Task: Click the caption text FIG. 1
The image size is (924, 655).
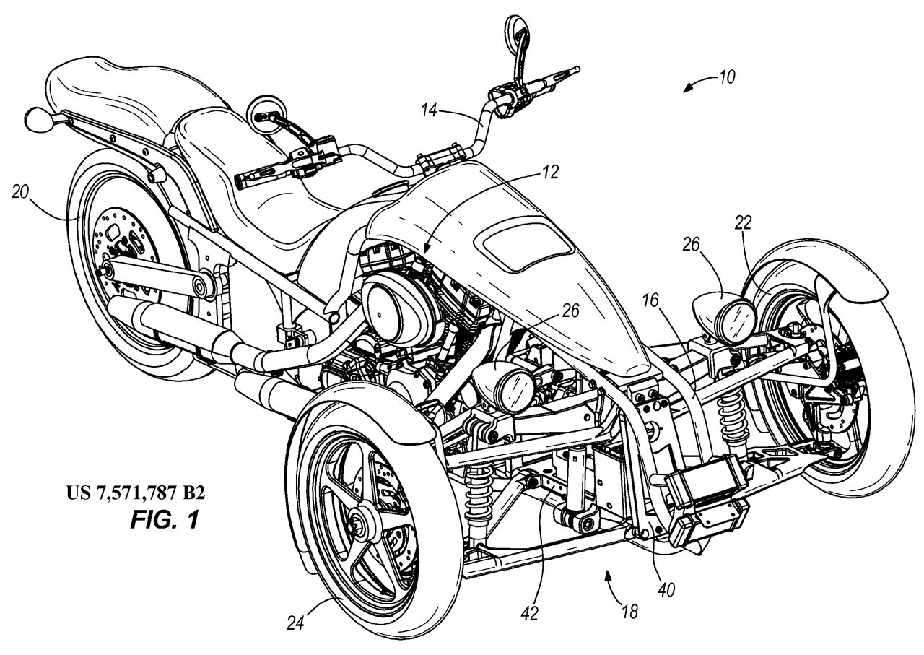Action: coord(164,520)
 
